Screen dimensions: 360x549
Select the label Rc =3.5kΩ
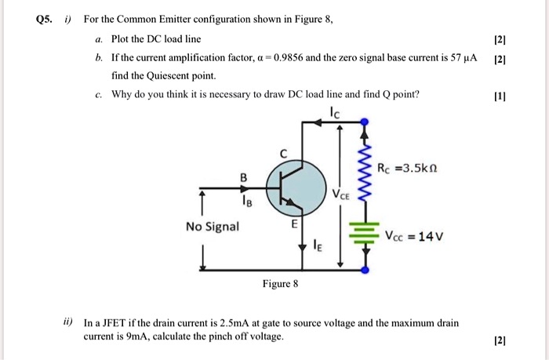412,169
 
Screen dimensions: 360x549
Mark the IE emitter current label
318,250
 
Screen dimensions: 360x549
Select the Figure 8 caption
280,283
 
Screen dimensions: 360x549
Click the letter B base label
243,178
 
